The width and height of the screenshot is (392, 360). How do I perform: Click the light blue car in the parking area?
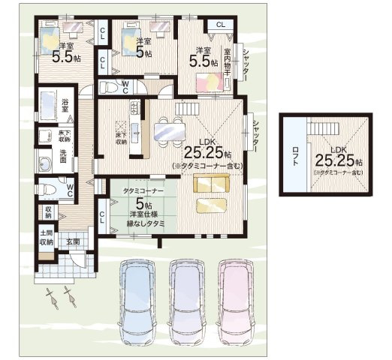point(137,296)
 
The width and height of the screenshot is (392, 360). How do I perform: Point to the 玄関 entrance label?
point(73,241)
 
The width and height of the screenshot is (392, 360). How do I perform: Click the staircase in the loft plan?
point(333,128)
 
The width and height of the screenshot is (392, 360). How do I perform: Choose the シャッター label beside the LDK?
point(256,137)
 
